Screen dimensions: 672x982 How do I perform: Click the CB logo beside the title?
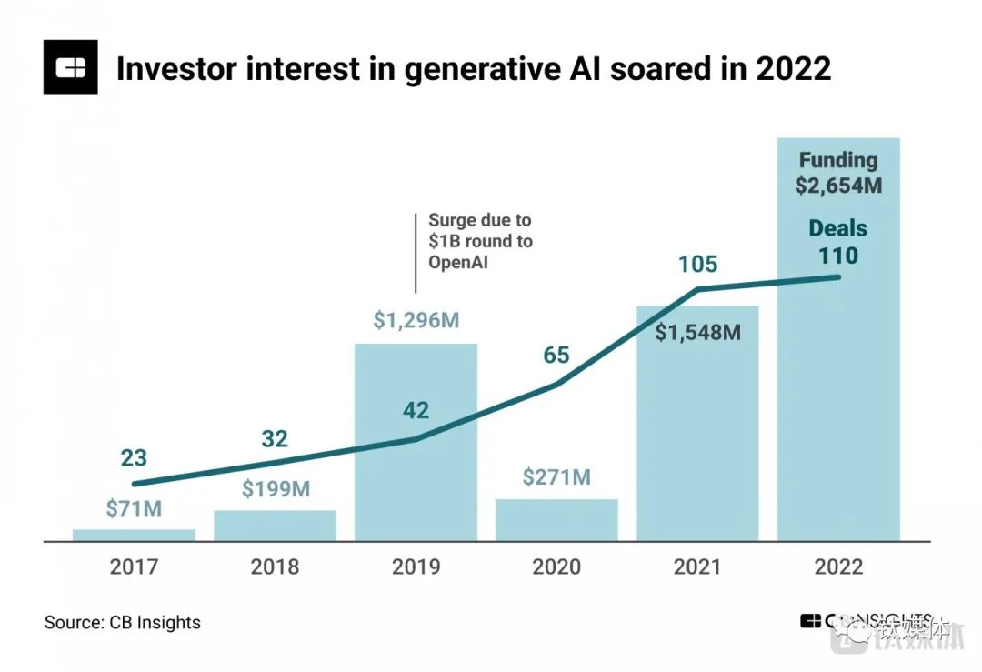pos(70,67)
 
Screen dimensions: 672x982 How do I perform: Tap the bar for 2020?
pos(556,519)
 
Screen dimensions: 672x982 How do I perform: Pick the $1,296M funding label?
pos(416,320)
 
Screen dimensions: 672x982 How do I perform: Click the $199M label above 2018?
pos(276,489)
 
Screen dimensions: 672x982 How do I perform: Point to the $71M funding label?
pos(134,509)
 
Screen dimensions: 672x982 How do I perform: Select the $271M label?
pos(556,476)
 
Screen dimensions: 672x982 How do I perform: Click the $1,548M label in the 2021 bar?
pos(697,332)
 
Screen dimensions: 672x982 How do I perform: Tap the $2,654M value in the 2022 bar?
pos(837,186)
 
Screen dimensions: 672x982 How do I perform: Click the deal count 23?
pos(134,458)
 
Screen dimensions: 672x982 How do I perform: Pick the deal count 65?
pos(556,354)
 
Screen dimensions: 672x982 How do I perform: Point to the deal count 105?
pos(697,265)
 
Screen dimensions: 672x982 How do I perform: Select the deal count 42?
pos(416,410)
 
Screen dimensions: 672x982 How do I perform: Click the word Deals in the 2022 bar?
pos(837,228)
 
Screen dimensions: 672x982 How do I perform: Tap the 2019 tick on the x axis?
pos(416,567)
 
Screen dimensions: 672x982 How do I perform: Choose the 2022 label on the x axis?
pos(837,567)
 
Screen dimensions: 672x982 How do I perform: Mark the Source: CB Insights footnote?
pos(123,623)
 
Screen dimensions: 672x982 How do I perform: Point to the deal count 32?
pos(276,439)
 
